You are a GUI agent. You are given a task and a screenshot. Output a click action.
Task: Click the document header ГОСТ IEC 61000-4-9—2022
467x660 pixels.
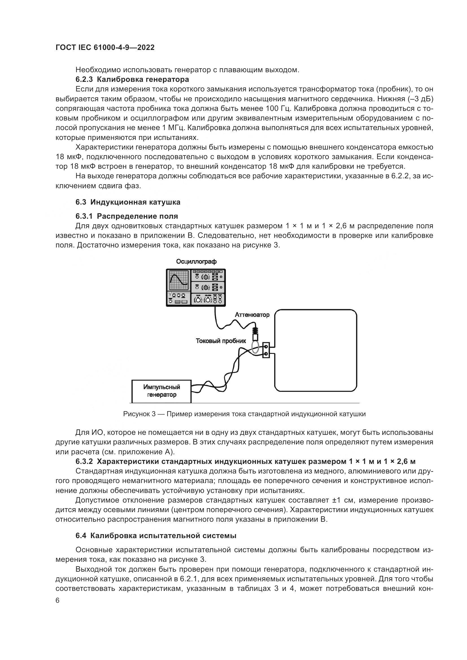coord(105,48)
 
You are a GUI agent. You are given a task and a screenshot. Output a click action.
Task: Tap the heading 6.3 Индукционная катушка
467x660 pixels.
coord(128,202)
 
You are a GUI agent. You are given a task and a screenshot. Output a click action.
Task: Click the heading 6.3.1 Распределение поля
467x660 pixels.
coord(127,216)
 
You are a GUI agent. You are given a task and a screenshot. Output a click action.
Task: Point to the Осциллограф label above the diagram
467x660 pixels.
coord(196,262)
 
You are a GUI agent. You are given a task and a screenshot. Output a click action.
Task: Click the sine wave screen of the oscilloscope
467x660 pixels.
coord(178,280)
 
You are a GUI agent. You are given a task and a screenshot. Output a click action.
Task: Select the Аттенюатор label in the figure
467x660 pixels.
coord(252,315)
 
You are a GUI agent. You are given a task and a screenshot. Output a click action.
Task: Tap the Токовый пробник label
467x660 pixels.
coord(221,341)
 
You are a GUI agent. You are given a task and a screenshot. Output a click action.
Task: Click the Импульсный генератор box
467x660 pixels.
coord(162,391)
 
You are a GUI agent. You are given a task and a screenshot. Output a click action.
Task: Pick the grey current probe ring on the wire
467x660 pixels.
coord(255,347)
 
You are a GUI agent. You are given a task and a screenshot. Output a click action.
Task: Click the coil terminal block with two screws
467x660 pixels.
coord(266,350)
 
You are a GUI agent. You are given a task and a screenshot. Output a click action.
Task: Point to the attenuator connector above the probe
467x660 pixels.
coord(255,334)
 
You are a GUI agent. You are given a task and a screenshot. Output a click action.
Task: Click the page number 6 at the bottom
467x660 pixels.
coord(58,600)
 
